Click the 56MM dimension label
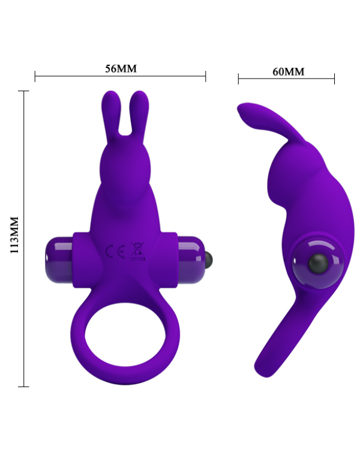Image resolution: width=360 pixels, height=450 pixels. pos(121,68)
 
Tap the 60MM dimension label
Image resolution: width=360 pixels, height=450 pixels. pos(288,71)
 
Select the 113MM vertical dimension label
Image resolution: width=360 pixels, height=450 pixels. pos(14,235)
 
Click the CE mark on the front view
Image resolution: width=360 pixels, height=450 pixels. pos(115,251)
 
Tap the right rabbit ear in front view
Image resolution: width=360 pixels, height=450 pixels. pos(139,115)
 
